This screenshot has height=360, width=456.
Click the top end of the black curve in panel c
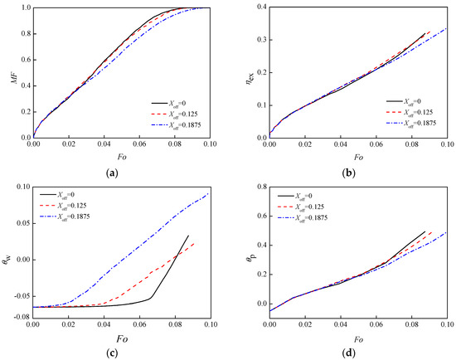[x=189, y=236]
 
